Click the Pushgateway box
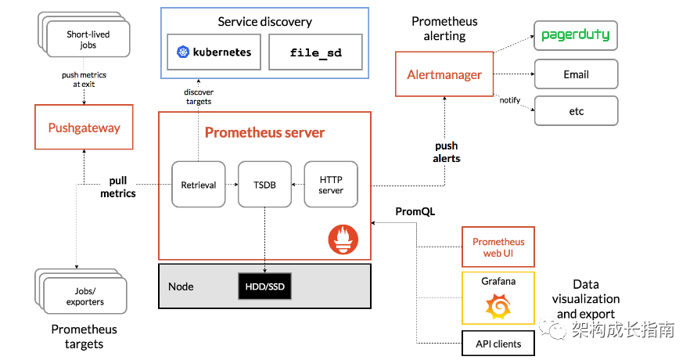tap(84, 128)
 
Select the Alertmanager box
tap(444, 75)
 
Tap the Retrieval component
tap(199, 185)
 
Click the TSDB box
tap(264, 185)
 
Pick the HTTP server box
tap(330, 185)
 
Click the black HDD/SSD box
tap(264, 287)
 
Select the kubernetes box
tap(214, 53)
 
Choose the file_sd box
tap(315, 53)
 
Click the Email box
tap(577, 74)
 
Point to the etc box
tap(577, 111)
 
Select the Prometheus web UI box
tap(498, 247)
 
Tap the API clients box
tap(498, 344)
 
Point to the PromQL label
tap(415, 211)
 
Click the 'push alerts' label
tap(447, 152)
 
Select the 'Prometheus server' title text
tap(264, 132)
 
